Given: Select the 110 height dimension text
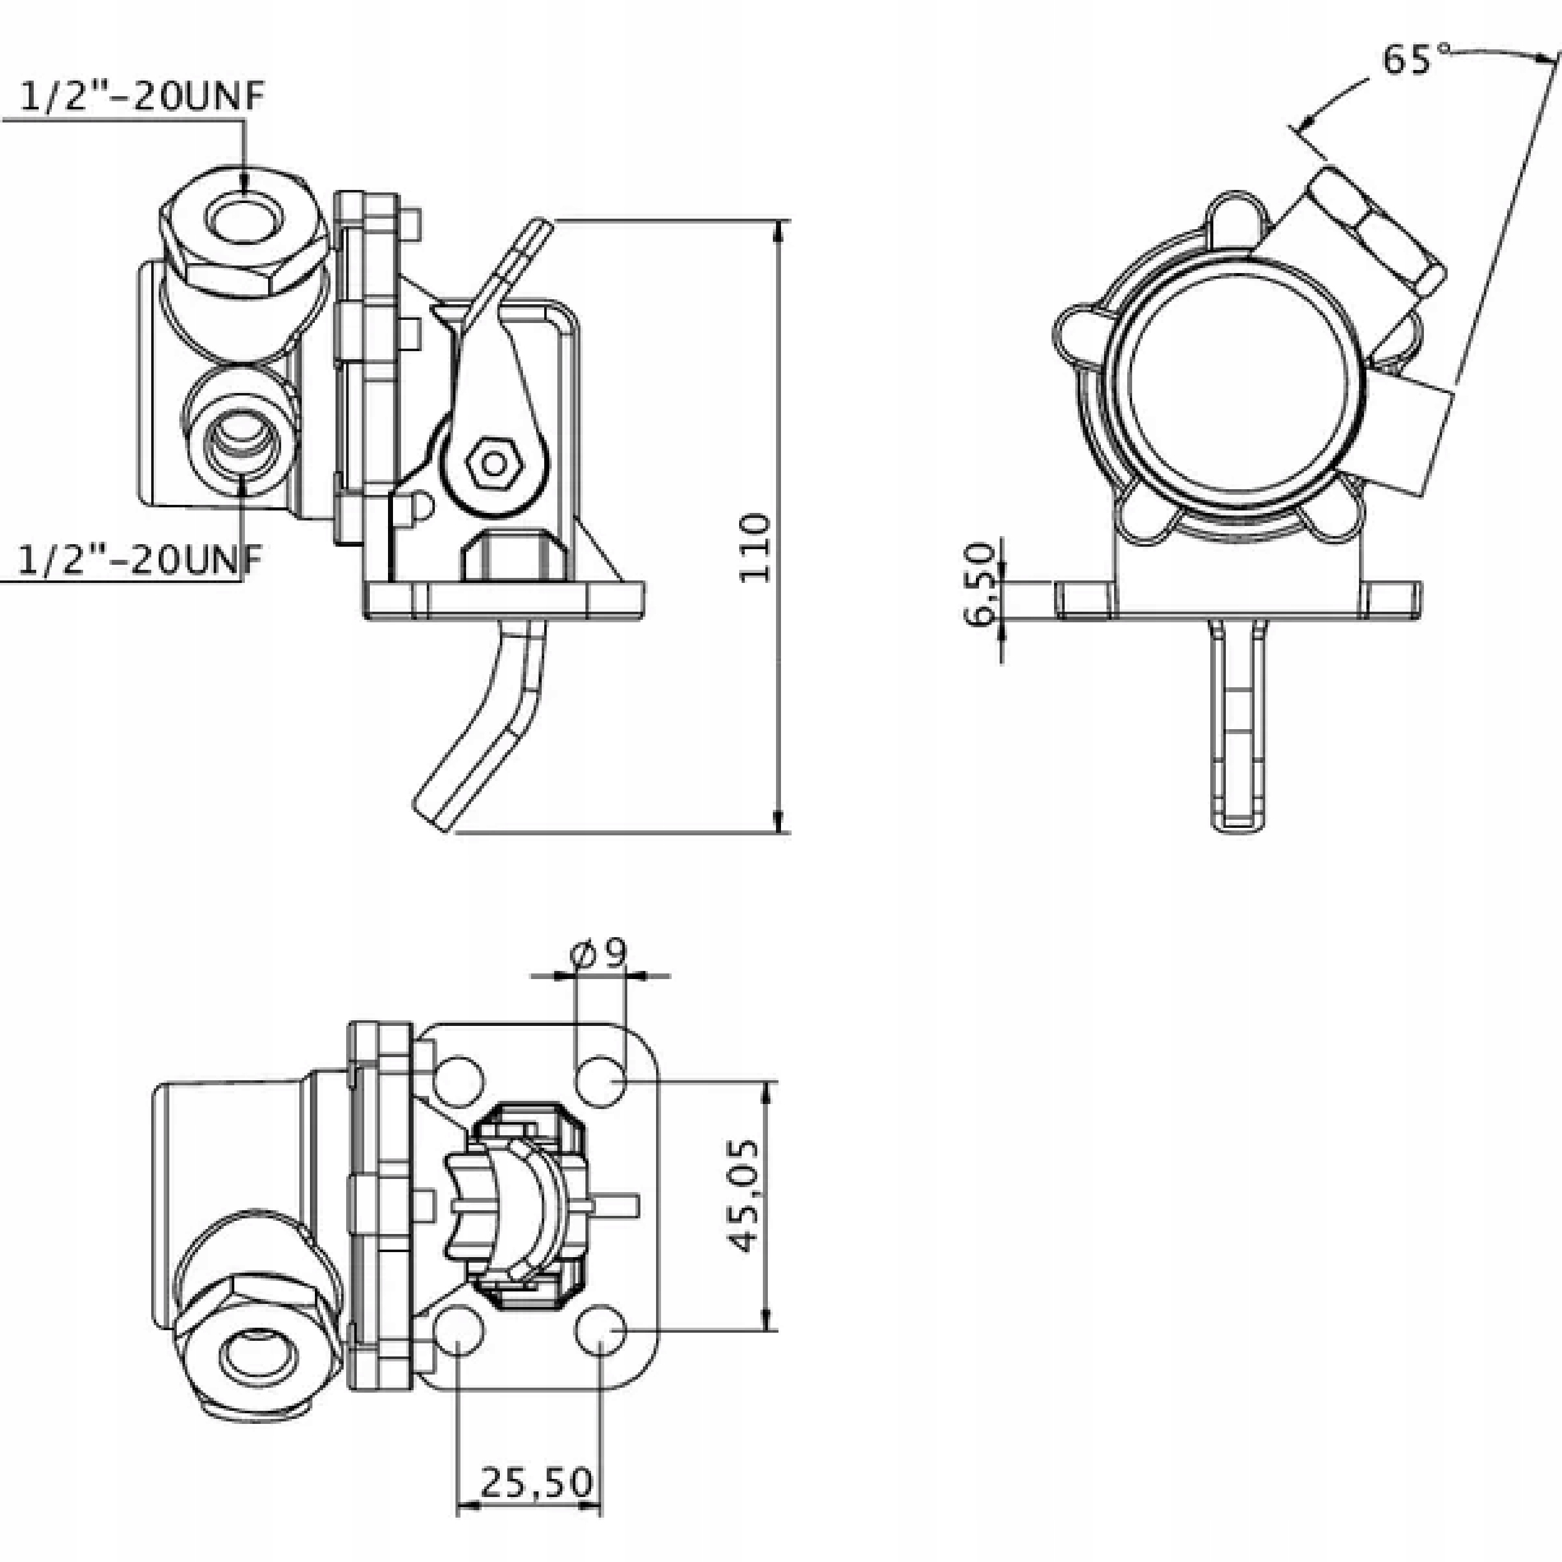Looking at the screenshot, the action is point(755,547).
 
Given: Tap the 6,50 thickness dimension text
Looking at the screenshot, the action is point(979,584).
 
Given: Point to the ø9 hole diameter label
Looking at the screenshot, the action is point(599,954).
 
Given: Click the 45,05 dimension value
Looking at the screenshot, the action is point(743,1197).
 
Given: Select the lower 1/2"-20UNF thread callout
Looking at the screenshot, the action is point(140,559).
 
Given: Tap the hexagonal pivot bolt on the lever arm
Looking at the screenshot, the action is point(492,463).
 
